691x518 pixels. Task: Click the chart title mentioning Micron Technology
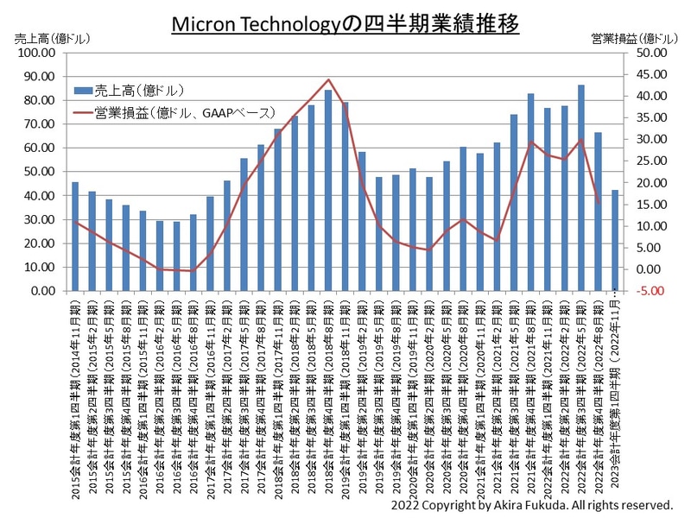coord(345,23)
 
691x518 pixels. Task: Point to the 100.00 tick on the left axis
coord(37,53)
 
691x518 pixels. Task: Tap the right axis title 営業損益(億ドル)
coord(634,39)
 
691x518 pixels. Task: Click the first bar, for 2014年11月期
coord(75,237)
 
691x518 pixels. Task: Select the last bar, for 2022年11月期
coord(615,240)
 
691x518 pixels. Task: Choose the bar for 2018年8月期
coord(328,190)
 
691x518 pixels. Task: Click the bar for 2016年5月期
coord(176,256)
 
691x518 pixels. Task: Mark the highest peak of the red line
coord(328,79)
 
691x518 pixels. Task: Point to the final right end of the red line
coord(599,202)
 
